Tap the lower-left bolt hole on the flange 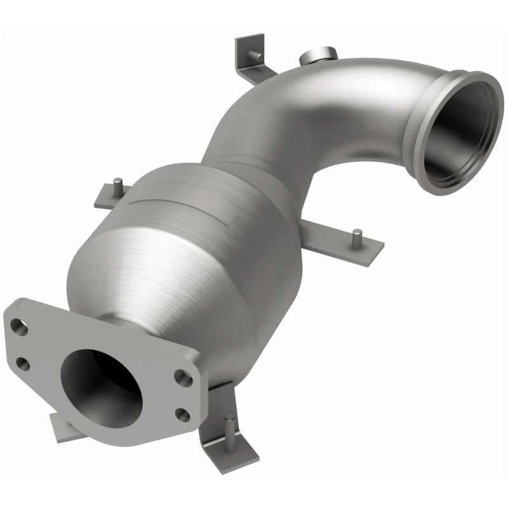(x=23, y=363)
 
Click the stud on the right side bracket (x=358, y=235)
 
